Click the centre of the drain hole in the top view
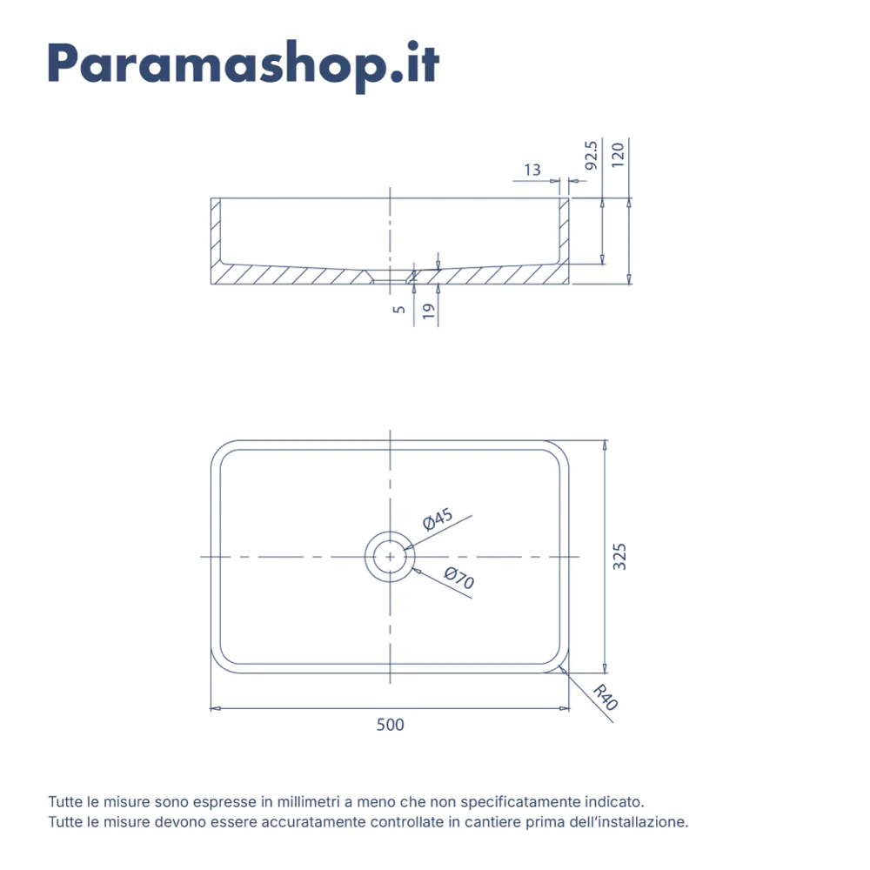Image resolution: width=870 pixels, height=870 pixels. (390, 557)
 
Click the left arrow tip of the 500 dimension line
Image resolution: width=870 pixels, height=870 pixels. (211, 708)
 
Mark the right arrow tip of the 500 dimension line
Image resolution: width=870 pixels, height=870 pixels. (569, 708)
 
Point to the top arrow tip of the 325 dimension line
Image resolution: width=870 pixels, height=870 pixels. (605, 440)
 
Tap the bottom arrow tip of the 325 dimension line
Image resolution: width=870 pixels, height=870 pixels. (605, 673)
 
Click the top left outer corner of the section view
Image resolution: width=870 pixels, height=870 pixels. (211, 197)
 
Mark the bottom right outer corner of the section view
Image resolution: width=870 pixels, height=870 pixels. (569, 284)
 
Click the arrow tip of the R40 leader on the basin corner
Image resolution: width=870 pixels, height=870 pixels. (561, 667)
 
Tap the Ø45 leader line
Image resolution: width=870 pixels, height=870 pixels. (438, 532)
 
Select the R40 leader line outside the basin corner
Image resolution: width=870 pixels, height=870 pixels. (587, 694)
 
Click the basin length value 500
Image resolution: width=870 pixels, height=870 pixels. (390, 725)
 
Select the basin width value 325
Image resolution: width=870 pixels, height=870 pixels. (619, 557)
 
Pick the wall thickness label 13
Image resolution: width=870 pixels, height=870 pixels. (532, 170)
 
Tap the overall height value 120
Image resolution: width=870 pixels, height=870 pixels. (618, 155)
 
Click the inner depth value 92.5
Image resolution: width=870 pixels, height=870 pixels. (592, 156)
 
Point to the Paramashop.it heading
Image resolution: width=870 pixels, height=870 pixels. (244, 66)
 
